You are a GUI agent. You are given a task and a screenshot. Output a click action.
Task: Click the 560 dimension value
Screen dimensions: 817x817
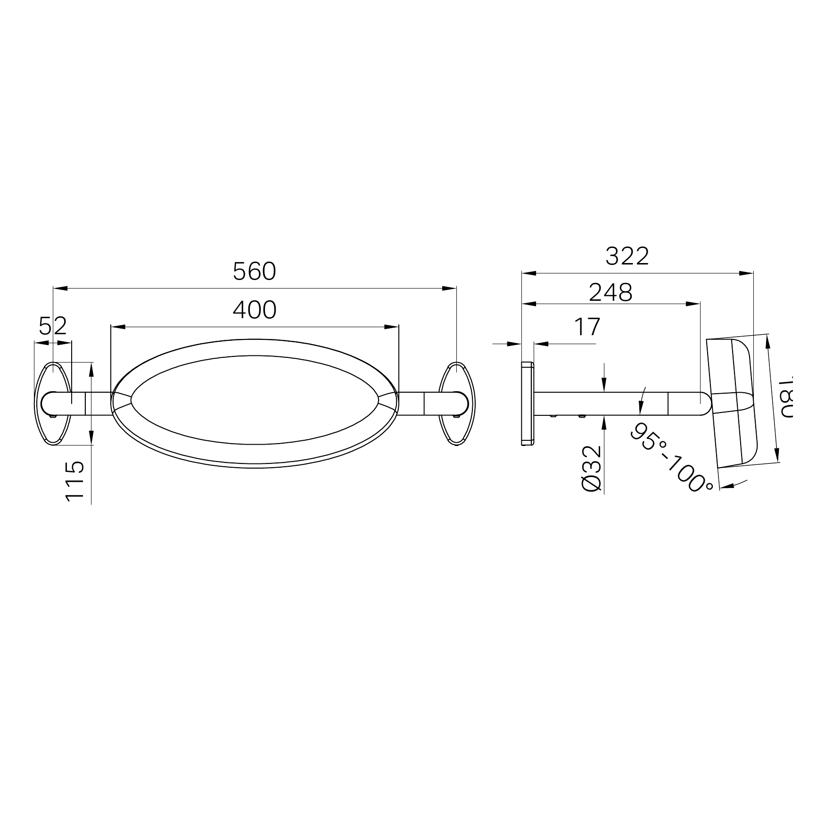[x=255, y=272]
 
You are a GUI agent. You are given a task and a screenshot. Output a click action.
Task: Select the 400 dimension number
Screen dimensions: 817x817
[x=255, y=310]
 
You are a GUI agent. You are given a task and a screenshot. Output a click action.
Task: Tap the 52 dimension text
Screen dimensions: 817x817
[x=53, y=326]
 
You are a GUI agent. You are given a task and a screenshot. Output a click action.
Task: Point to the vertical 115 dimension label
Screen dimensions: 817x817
[x=75, y=481]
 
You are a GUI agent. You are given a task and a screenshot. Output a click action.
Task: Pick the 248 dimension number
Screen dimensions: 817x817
[x=611, y=293]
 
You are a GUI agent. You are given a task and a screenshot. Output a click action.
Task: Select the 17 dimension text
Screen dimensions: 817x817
[x=587, y=327]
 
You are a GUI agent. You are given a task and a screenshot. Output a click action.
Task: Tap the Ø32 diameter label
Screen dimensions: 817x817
[x=592, y=469]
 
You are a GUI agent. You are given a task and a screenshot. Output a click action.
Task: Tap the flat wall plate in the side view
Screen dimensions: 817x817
[x=527, y=404]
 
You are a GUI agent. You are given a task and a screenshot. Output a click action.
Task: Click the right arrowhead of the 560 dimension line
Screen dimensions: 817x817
[x=450, y=288]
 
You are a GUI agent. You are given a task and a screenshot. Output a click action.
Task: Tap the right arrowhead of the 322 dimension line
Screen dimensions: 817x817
[x=746, y=273]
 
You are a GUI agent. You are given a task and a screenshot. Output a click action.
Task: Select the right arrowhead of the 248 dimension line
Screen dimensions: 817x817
[x=693, y=304]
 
